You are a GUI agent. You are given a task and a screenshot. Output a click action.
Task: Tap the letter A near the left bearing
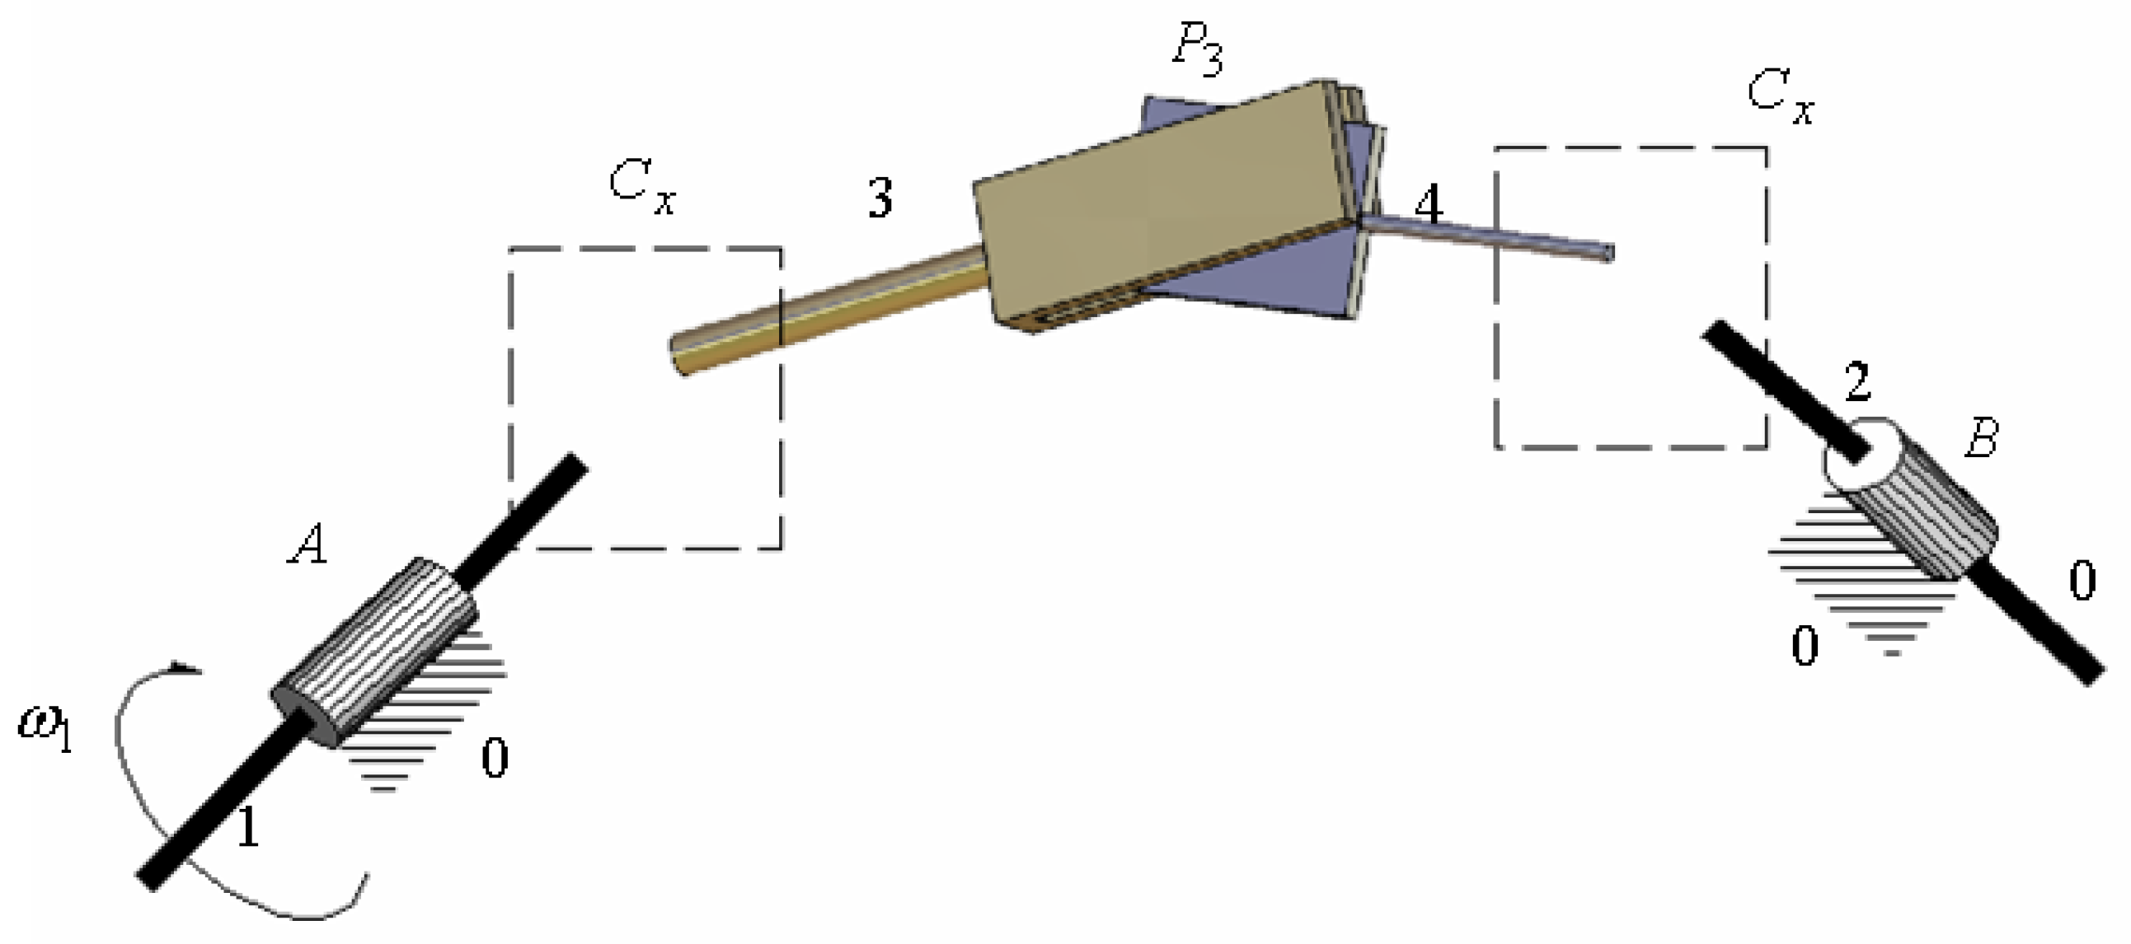click(x=307, y=544)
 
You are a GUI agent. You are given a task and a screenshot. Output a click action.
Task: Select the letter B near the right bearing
click(x=1981, y=437)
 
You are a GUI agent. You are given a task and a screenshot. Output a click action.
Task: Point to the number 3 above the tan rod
click(x=880, y=199)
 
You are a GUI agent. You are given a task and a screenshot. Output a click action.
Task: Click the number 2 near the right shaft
click(x=1858, y=382)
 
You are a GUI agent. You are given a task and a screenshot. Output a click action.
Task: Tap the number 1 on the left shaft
click(x=248, y=828)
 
